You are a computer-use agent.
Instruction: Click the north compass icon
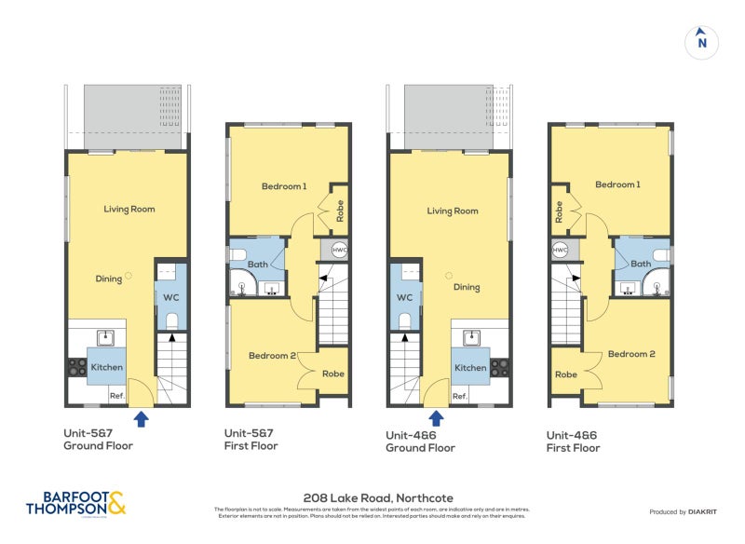[702, 42]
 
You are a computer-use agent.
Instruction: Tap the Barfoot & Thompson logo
[75, 503]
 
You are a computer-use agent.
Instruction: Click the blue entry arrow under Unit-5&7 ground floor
[141, 419]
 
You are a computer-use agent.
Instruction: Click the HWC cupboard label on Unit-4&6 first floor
[561, 250]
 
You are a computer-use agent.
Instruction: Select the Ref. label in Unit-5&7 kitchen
[117, 396]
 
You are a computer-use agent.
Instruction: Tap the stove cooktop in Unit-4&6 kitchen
[501, 367]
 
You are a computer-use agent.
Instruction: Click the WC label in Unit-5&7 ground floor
[170, 297]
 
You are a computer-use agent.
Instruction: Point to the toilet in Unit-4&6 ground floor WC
[403, 320]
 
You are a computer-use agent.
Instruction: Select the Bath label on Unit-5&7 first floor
[258, 265]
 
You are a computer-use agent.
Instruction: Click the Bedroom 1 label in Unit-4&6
[617, 184]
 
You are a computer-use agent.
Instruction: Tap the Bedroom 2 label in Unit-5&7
[273, 355]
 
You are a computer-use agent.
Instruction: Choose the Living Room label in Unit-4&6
[453, 211]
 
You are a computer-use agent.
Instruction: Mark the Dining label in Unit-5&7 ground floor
[108, 278]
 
